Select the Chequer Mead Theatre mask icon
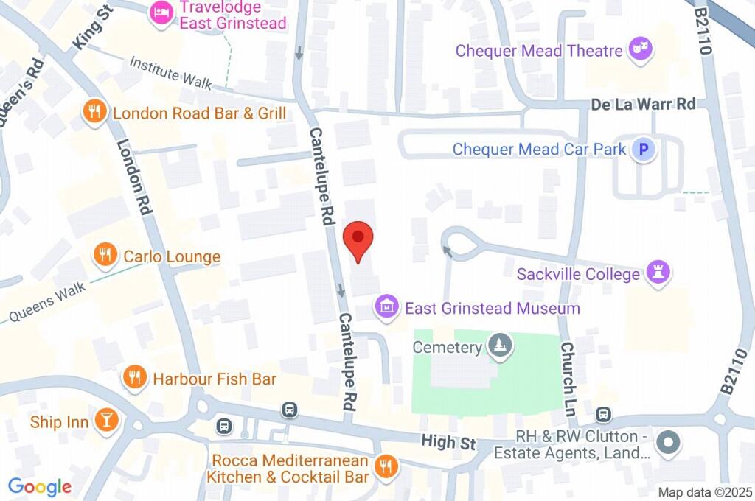641,50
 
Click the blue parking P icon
644,150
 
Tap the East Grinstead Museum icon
386,306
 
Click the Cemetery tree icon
501,346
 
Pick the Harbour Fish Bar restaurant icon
134,379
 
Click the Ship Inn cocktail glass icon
106,421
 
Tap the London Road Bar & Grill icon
94,113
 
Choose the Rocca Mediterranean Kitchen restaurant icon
385,466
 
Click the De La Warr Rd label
643,104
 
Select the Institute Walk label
170,74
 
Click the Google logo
40,486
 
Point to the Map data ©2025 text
704,492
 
